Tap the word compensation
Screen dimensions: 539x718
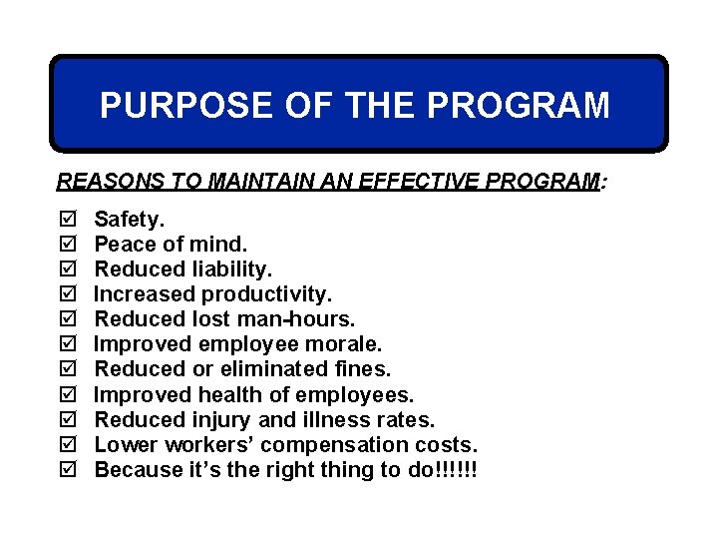coord(350,444)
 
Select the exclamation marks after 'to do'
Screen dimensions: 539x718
coord(456,469)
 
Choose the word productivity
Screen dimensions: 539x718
coord(266,294)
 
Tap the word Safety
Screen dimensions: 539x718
coord(130,219)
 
